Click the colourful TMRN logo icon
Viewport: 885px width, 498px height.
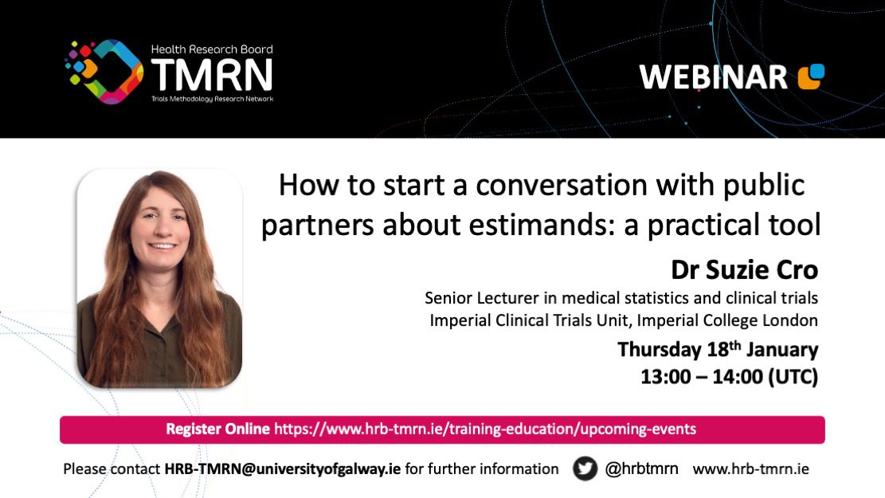click(104, 72)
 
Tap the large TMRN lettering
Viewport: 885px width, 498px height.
click(212, 75)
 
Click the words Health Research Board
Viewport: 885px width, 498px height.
click(212, 49)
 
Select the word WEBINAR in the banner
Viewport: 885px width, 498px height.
click(714, 77)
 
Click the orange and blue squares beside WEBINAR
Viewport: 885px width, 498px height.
click(811, 76)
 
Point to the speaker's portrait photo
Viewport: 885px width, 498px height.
click(160, 278)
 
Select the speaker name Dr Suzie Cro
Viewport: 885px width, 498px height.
click(745, 270)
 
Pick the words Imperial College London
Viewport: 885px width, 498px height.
click(727, 320)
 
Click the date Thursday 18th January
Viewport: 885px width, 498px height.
click(718, 350)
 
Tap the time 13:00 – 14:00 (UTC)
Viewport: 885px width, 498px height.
click(729, 377)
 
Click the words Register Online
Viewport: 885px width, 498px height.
click(217, 429)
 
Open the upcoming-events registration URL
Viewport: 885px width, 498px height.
click(485, 429)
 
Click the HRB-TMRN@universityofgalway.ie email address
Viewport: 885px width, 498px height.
click(282, 469)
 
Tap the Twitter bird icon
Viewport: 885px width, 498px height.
click(585, 469)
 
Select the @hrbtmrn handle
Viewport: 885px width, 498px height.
click(642, 469)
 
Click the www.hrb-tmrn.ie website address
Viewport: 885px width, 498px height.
click(750, 469)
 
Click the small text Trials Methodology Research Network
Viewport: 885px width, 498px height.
click(212, 99)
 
